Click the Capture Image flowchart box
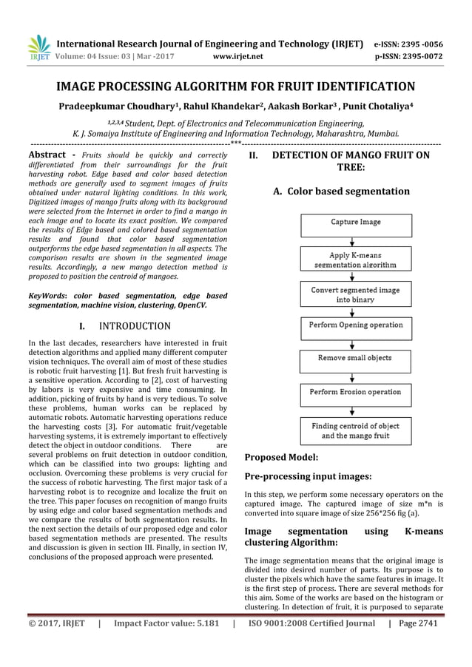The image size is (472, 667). click(355, 222)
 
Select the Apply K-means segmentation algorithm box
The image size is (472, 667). click(355, 259)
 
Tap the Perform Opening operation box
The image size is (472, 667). click(355, 324)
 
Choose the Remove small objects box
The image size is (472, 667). click(355, 358)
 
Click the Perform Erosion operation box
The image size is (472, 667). click(355, 392)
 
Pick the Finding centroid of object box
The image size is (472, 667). click(355, 431)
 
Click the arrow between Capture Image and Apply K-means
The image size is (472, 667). click(355, 239)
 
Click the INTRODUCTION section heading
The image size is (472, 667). click(135, 325)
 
